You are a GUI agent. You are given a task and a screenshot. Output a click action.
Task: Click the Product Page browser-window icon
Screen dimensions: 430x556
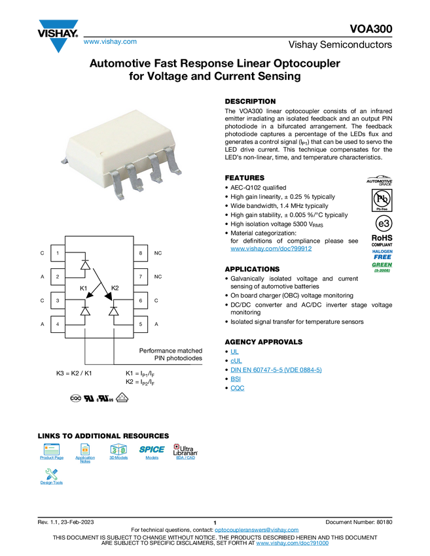[52, 449]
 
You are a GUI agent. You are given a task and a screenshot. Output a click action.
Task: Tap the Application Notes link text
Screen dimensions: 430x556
[85, 459]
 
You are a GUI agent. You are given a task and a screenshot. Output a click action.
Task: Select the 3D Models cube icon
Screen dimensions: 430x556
[118, 449]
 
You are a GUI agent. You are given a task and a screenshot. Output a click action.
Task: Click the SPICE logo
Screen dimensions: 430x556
[152, 449]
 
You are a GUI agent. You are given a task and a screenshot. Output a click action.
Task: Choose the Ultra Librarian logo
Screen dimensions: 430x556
[185, 449]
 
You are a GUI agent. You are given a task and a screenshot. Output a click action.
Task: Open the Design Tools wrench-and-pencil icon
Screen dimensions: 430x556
[52, 474]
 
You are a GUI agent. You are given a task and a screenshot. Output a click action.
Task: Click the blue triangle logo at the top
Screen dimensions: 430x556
[58, 46]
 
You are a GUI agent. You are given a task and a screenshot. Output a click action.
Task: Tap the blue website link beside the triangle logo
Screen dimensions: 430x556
[110, 43]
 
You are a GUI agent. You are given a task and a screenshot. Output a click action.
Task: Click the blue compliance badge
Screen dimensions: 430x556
[382, 253]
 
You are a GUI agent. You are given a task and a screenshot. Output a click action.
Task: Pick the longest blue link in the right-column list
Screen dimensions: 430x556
[276, 370]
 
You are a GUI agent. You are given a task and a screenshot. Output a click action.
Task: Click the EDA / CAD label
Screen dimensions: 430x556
[185, 458]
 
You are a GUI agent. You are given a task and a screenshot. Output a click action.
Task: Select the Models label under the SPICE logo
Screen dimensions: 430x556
[152, 458]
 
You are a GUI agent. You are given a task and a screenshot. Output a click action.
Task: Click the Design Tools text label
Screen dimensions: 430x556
[52, 483]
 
